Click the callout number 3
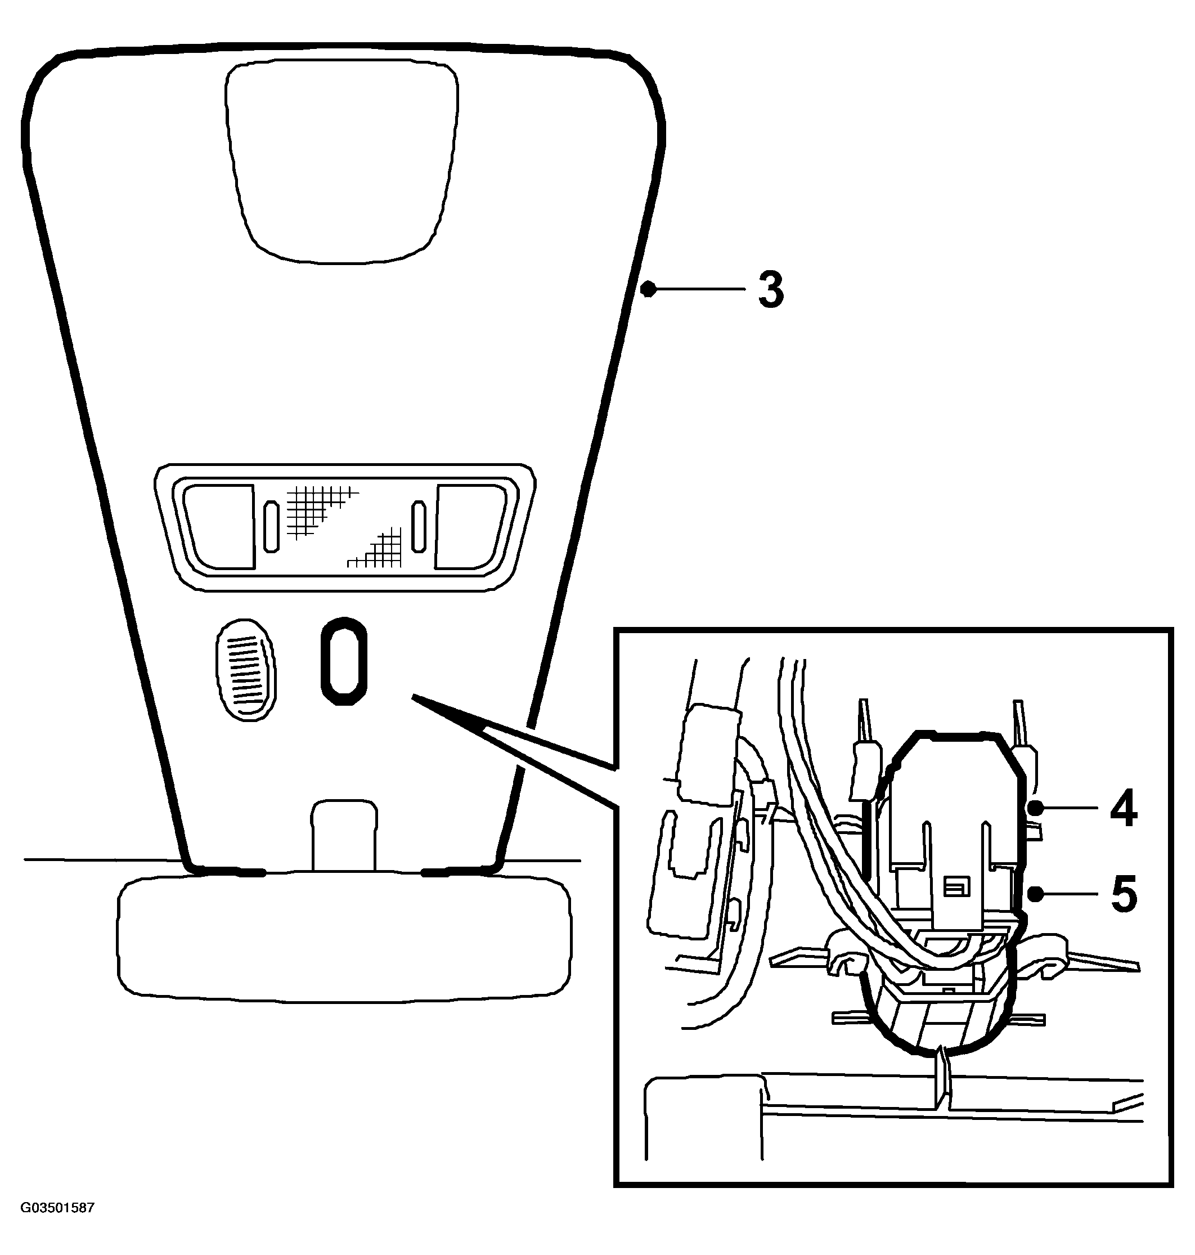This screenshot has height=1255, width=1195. pos(771,290)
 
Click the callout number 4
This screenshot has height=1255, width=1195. pos(1123,808)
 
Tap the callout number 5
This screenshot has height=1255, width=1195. pos(1124,894)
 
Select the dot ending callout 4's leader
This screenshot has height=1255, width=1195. pos(1036,808)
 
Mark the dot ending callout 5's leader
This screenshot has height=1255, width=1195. pos(1036,894)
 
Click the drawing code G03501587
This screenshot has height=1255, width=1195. pos(57,1208)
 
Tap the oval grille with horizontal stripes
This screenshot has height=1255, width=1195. pos(246,670)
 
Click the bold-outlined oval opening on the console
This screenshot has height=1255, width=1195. pos(343,661)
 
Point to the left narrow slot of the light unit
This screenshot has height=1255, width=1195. pos(271,526)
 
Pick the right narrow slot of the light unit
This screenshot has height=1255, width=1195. pos(419,526)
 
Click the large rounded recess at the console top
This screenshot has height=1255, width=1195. pos(342,162)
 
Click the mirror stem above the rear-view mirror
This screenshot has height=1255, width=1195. pos(344,835)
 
